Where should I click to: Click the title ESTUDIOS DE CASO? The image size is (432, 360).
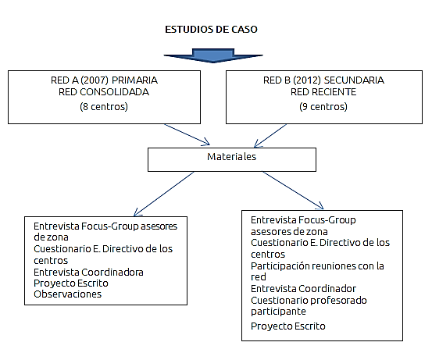(211, 29)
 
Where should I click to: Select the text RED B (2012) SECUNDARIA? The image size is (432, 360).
(323, 79)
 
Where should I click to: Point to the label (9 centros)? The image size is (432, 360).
(323, 106)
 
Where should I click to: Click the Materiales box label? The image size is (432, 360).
(230, 158)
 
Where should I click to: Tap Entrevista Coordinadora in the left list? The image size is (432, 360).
(87, 272)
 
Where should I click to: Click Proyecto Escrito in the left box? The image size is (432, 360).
(71, 283)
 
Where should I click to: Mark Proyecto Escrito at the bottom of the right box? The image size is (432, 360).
(287, 326)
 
